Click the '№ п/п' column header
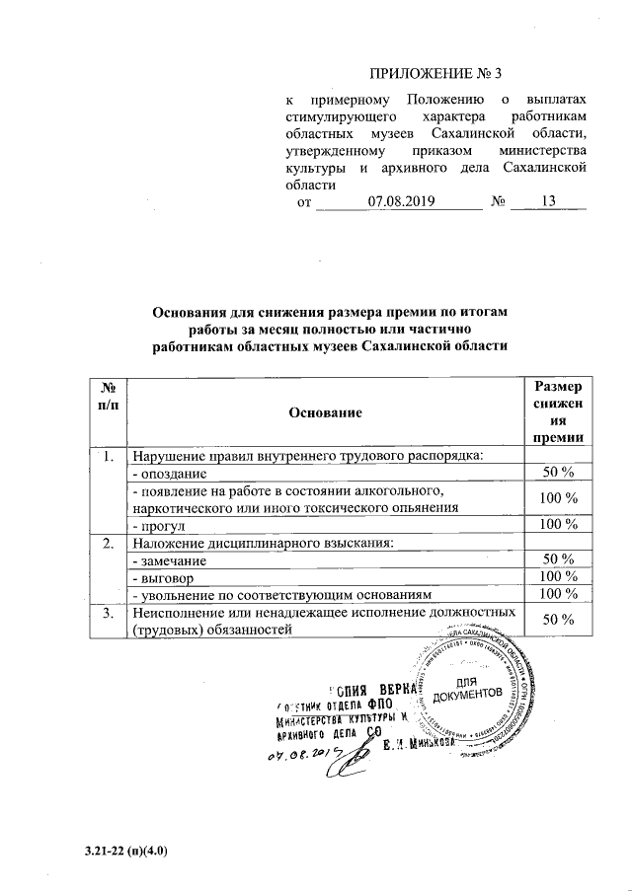[111, 399]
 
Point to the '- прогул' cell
[161, 524]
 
